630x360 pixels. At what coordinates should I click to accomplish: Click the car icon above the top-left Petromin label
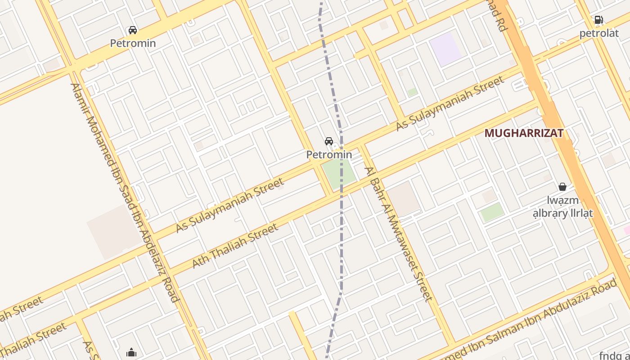click(x=133, y=30)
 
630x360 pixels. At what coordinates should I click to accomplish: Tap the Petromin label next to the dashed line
click(x=329, y=154)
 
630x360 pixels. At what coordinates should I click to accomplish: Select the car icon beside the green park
click(x=329, y=141)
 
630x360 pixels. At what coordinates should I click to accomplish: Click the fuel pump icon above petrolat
click(x=598, y=20)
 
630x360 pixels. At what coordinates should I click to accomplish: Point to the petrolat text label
click(x=598, y=33)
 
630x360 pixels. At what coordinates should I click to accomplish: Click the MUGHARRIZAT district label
click(x=524, y=133)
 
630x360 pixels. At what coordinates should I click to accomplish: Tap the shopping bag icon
click(x=562, y=186)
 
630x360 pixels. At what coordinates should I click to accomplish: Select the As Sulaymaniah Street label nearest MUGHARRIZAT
click(x=450, y=103)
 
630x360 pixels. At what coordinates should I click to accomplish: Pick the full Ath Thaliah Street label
click(x=235, y=246)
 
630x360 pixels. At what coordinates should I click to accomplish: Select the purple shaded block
click(x=445, y=48)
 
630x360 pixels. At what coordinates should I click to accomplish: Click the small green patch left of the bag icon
click(x=492, y=212)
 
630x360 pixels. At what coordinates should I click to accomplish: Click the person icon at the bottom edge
click(x=131, y=352)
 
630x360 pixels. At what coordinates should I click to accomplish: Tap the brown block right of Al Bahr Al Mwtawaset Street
click(x=403, y=198)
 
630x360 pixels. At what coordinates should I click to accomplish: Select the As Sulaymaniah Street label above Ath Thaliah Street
click(x=229, y=205)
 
